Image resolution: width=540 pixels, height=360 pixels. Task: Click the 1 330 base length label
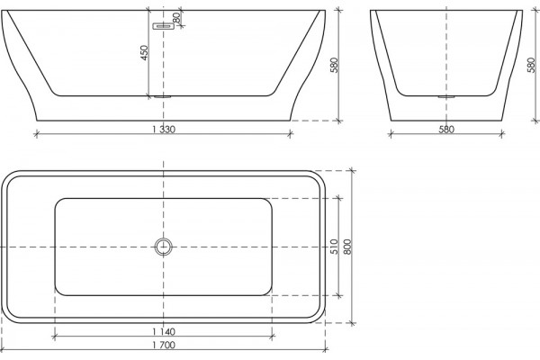pyautogui.click(x=164, y=130)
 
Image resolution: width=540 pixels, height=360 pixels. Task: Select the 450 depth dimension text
pyautogui.click(x=144, y=53)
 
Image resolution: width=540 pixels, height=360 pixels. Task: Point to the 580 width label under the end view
pyautogui.click(x=446, y=130)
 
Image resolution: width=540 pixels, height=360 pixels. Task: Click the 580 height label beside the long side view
pyautogui.click(x=334, y=65)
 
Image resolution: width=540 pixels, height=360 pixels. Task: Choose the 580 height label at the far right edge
pyautogui.click(x=532, y=65)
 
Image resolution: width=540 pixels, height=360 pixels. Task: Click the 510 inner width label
pyautogui.click(x=334, y=247)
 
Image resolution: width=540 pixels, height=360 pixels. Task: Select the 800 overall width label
pyautogui.click(x=347, y=247)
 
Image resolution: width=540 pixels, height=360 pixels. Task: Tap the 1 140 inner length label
pyautogui.click(x=164, y=332)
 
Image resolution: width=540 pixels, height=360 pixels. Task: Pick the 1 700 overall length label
pyautogui.click(x=164, y=345)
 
